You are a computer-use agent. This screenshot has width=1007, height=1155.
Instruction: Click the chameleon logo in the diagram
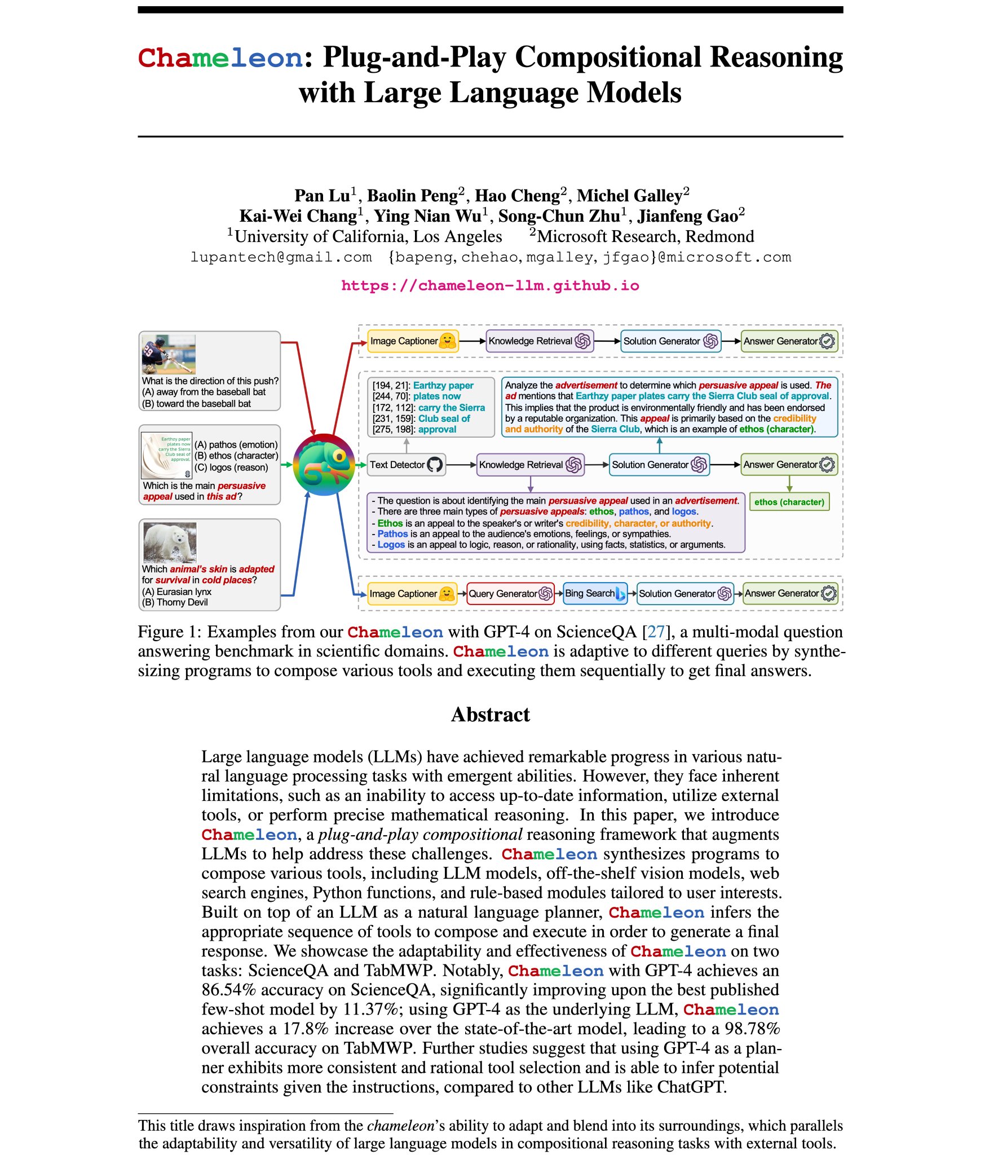(x=324, y=465)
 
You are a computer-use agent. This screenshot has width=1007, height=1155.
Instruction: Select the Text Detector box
(x=406, y=465)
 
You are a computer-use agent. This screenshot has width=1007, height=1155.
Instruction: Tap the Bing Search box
(x=594, y=593)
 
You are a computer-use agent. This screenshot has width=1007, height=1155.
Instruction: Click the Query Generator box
(x=510, y=593)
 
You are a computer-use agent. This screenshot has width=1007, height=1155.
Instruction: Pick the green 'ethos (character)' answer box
(x=789, y=502)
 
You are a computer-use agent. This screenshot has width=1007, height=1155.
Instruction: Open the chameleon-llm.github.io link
(x=490, y=285)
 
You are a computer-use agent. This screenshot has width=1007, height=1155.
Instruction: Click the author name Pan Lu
(x=322, y=196)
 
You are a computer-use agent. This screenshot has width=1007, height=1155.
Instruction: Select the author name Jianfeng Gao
(x=687, y=216)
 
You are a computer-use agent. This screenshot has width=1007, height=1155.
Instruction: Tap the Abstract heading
(x=490, y=715)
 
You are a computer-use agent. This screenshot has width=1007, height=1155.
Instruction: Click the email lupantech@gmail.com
(x=281, y=258)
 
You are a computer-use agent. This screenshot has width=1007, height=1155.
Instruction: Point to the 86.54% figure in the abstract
(x=228, y=990)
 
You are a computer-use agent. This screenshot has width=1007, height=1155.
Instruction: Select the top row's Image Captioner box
(x=413, y=341)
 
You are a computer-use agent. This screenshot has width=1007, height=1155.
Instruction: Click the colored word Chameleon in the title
(x=220, y=58)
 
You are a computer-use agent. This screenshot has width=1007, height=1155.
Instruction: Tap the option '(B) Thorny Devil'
(x=175, y=602)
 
